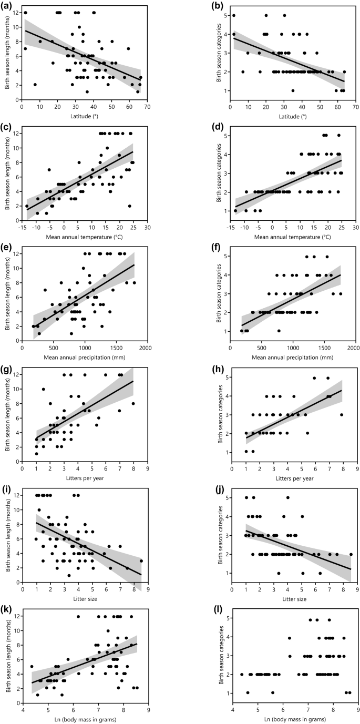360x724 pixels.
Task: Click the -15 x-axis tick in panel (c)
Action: coord(22,228)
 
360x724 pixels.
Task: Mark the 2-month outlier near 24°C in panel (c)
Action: coord(129,206)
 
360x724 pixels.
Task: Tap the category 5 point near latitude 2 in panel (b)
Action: coord(234,15)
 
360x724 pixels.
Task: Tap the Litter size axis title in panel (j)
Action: coord(293,599)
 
